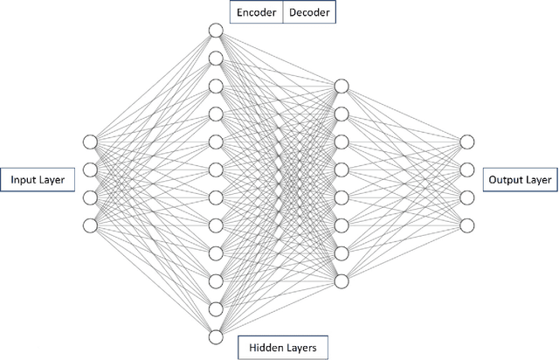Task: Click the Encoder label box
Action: tap(256, 12)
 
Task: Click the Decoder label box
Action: tap(308, 12)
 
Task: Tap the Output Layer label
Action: tap(520, 180)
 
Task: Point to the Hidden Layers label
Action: tap(283, 347)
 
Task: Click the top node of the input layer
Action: tap(89, 142)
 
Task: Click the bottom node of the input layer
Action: tap(89, 225)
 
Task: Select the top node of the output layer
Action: tap(467, 142)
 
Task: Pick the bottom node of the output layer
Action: tap(467, 225)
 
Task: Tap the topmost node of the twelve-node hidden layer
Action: tap(216, 31)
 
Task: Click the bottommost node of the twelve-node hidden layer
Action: tap(216, 336)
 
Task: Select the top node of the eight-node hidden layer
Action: tap(342, 86)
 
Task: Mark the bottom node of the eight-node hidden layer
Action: tap(342, 280)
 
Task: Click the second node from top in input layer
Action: tap(89, 170)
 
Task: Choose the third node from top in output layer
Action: tap(467, 197)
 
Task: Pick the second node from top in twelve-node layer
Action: tap(216, 59)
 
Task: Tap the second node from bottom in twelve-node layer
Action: tap(216, 308)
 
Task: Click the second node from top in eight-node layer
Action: tap(342, 114)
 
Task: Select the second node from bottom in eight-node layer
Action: tap(342, 253)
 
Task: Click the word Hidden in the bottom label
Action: tap(265, 347)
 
